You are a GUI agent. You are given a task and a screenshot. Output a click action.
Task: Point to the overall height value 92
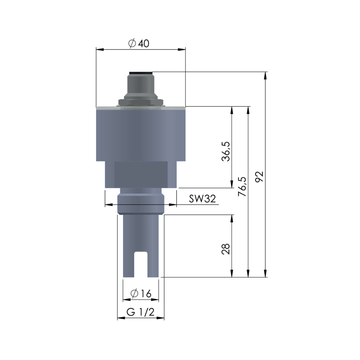pos(262,176)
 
